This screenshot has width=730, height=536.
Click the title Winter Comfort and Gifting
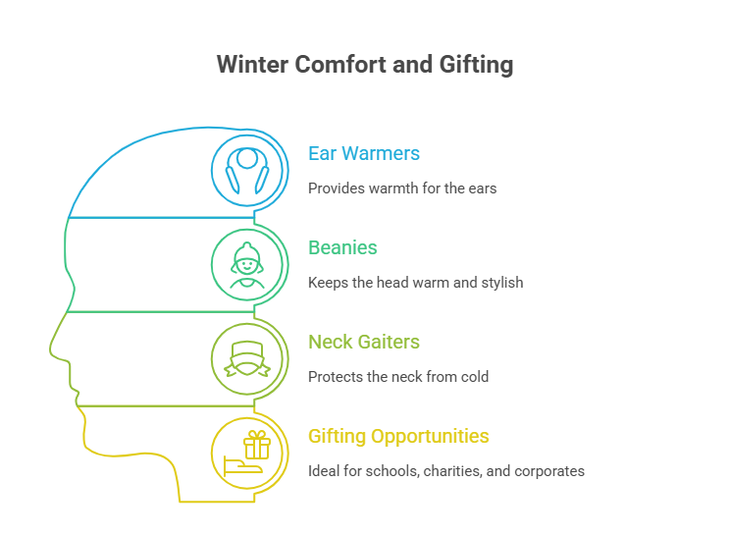(364, 66)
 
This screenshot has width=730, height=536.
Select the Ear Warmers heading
(364, 154)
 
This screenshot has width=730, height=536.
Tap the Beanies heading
(342, 248)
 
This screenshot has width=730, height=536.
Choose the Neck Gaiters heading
(364, 343)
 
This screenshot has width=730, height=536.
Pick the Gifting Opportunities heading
(398, 436)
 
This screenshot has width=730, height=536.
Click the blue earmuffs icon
(249, 169)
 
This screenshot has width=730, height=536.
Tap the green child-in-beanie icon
(249, 263)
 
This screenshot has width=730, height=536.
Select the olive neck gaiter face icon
(249, 357)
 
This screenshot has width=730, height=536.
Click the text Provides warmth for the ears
(402, 188)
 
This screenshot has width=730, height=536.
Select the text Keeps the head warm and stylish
(415, 282)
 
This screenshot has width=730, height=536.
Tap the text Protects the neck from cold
(398, 376)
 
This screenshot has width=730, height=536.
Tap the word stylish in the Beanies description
(500, 282)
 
